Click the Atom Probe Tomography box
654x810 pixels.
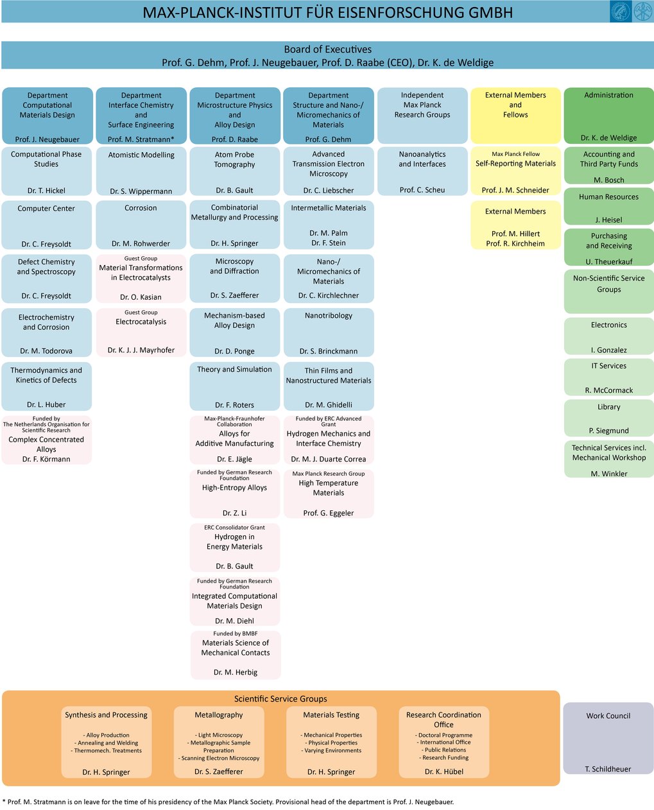pyautogui.click(x=235, y=171)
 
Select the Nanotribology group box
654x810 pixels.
pyautogui.click(x=329, y=332)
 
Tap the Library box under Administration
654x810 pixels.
pyautogui.click(x=608, y=418)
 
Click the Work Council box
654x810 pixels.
pyautogui.click(x=608, y=737)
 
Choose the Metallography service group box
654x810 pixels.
pyautogui.click(x=219, y=742)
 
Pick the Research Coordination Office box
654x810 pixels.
pyautogui.click(x=443, y=742)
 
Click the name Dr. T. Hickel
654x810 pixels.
pyautogui.click(x=46, y=191)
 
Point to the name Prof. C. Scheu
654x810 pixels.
pyautogui.click(x=422, y=190)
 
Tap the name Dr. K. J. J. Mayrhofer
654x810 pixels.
pyautogui.click(x=141, y=350)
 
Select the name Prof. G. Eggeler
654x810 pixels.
pyautogui.click(x=329, y=513)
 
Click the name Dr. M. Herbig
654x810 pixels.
pyautogui.click(x=236, y=672)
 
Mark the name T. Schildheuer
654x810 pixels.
pyautogui.click(x=608, y=768)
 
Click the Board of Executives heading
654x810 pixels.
pyautogui.click(x=328, y=49)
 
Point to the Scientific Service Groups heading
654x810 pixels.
pyautogui.click(x=280, y=698)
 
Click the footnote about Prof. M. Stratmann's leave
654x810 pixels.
pyautogui.click(x=228, y=802)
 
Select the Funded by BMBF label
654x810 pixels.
pyautogui.click(x=236, y=633)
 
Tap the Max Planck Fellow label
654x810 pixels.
pyautogui.click(x=515, y=154)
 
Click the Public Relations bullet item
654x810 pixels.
pyautogui.click(x=443, y=750)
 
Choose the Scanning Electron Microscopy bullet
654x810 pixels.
pyautogui.click(x=219, y=758)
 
